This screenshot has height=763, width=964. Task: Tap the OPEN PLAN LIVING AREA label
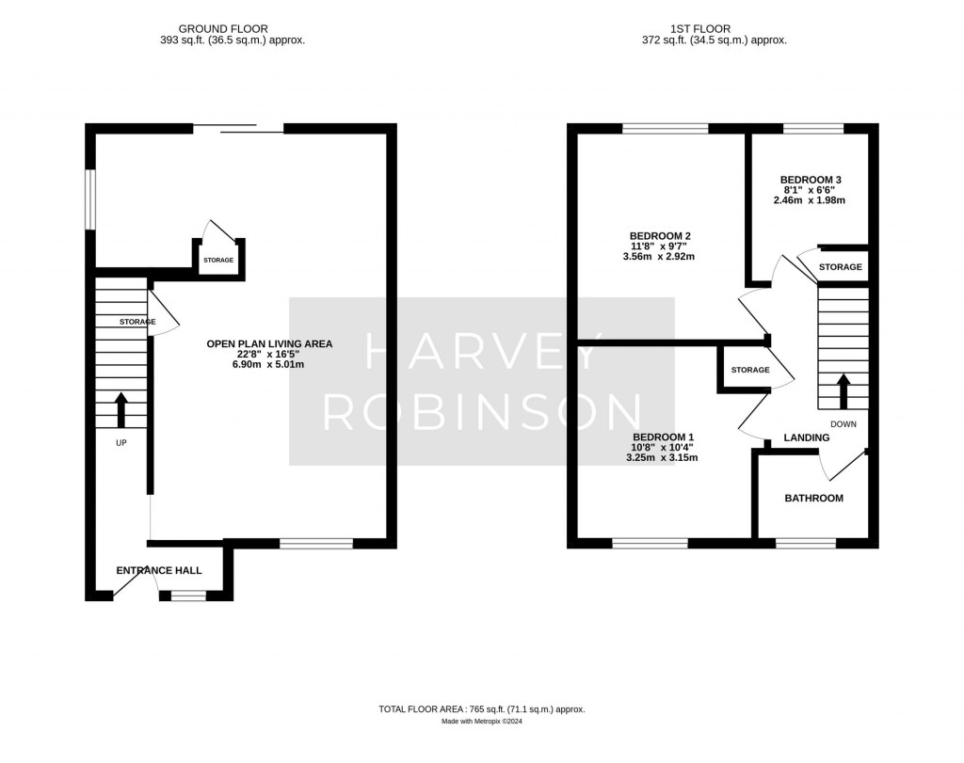(269, 343)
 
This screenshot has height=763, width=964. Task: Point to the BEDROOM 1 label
(663, 437)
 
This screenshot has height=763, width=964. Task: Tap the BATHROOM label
(813, 498)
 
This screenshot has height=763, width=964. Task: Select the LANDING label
(807, 437)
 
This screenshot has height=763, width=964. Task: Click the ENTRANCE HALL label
(158, 570)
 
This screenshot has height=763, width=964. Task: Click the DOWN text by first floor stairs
(843, 423)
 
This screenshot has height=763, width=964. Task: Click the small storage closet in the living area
(218, 259)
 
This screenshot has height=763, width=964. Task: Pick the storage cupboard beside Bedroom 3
(840, 266)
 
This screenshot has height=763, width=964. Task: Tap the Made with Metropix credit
(481, 722)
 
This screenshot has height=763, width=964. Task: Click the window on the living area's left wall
(90, 199)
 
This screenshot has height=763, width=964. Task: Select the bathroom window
(805, 543)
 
